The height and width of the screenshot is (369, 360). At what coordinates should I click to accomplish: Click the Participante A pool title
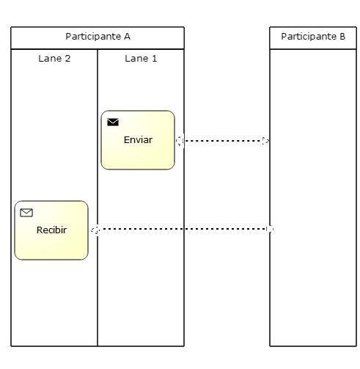click(98, 37)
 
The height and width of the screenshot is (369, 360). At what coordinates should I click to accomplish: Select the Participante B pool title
click(313, 37)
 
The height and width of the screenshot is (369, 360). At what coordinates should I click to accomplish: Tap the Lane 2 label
click(54, 59)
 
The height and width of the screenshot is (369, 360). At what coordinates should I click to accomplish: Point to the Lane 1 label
click(141, 59)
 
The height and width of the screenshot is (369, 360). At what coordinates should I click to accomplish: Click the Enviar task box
click(138, 151)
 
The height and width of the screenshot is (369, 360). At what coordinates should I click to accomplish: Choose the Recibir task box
click(51, 242)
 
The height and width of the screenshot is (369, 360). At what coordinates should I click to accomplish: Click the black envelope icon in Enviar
click(113, 122)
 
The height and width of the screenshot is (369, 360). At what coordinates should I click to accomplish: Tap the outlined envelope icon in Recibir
click(26, 213)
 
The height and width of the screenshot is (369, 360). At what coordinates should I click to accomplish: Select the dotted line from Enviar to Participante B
click(220, 140)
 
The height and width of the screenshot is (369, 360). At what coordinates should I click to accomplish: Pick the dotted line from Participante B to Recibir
click(183, 230)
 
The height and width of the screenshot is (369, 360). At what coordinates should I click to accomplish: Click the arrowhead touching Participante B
click(265, 140)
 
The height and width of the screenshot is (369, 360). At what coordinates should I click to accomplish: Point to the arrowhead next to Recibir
click(94, 230)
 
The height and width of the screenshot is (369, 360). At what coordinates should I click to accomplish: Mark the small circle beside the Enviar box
click(179, 140)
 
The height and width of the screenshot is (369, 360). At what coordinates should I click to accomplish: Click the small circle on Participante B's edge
click(270, 230)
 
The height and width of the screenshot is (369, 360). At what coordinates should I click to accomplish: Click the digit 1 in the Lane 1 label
click(154, 59)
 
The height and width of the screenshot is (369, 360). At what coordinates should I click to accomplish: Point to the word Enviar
click(138, 139)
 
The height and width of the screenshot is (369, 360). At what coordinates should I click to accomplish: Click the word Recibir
click(51, 230)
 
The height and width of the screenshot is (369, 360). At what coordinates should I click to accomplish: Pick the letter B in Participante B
click(342, 37)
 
